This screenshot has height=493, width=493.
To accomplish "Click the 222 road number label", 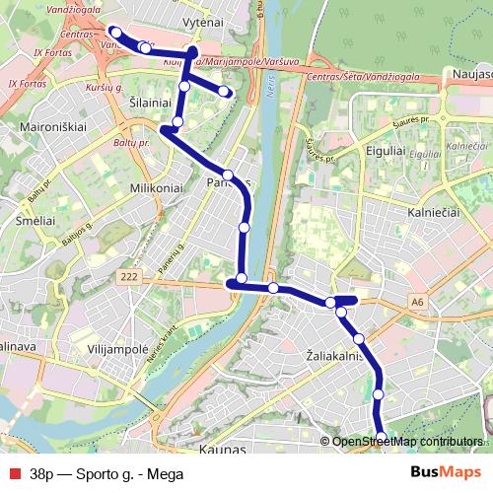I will (128, 280).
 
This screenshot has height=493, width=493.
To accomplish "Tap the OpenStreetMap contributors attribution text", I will (407, 441).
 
